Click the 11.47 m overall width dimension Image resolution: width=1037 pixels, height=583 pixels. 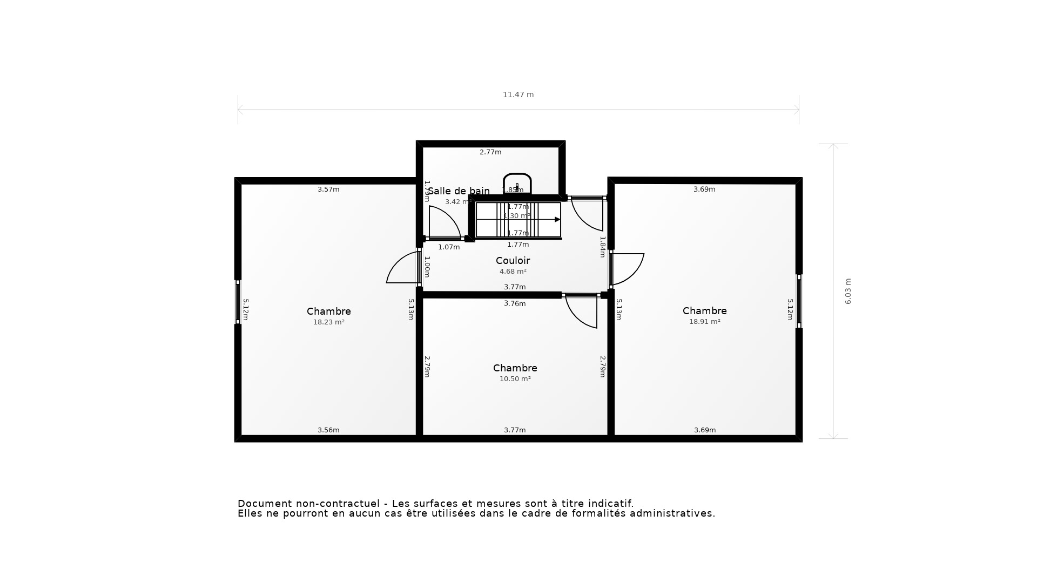point(518,94)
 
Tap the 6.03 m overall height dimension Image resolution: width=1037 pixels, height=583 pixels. point(847,291)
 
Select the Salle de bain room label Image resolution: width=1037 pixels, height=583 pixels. point(459,191)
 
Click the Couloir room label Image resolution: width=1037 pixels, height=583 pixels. point(513,261)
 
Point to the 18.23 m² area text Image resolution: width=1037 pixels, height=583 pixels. point(328,322)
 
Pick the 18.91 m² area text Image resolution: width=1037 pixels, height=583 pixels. point(704,322)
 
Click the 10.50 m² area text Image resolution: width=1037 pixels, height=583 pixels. point(515,379)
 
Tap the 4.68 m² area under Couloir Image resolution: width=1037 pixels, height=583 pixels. point(513,272)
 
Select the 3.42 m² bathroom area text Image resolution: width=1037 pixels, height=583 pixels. point(457,202)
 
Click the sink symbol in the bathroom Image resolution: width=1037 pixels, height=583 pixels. point(517,183)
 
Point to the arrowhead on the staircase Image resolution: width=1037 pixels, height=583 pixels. point(557,220)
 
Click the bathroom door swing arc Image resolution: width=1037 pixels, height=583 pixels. point(448,219)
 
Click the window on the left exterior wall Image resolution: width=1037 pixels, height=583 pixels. point(238,302)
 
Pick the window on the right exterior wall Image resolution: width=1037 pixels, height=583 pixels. point(799,301)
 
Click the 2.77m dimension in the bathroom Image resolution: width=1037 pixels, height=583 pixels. point(490,152)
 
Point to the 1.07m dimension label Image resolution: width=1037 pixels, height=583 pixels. point(449,247)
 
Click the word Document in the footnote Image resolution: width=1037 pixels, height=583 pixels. point(265,504)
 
